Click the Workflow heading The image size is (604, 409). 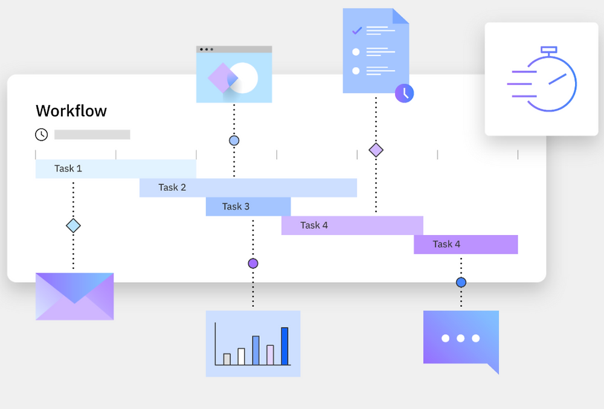point(71,111)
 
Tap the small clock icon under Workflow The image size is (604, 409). point(42,135)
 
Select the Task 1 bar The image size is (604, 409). point(115,169)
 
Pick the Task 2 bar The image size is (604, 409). point(248,187)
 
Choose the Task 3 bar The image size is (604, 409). point(248,207)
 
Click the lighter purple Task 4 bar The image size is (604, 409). point(352,225)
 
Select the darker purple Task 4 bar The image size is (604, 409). point(465,244)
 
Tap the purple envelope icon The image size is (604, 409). point(74,296)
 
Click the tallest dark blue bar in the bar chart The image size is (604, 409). point(284,346)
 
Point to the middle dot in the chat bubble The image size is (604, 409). point(461,338)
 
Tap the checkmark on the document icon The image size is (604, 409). point(356,30)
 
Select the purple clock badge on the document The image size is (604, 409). point(405,92)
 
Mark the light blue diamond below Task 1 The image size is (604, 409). point(73,226)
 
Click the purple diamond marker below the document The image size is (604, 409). point(376,150)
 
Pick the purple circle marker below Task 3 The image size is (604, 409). point(253,263)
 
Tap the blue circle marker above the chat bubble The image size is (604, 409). point(461,282)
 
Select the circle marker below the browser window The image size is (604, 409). point(234,141)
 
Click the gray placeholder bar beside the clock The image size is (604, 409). point(92,135)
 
